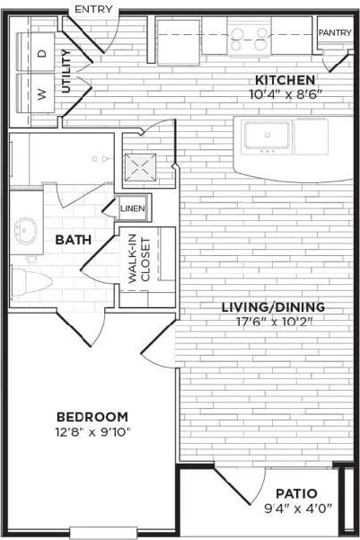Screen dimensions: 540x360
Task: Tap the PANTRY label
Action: tap(335, 32)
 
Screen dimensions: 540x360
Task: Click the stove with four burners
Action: tap(250, 38)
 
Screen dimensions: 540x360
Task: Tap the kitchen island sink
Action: tap(267, 137)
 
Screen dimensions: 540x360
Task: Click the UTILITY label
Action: tap(66, 72)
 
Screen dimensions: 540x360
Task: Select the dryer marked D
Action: tap(41, 54)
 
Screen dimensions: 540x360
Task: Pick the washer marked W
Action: tap(41, 93)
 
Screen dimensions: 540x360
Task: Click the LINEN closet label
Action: tap(133, 208)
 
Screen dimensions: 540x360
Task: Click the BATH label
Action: tap(71, 240)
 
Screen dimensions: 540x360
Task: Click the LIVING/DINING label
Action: tap(273, 307)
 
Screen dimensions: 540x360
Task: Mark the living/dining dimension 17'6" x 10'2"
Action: tap(273, 322)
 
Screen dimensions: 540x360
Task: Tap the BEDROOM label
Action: tap(92, 417)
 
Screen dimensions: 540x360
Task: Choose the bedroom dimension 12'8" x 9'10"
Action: tap(92, 431)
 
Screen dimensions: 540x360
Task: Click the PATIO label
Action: tap(297, 492)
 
